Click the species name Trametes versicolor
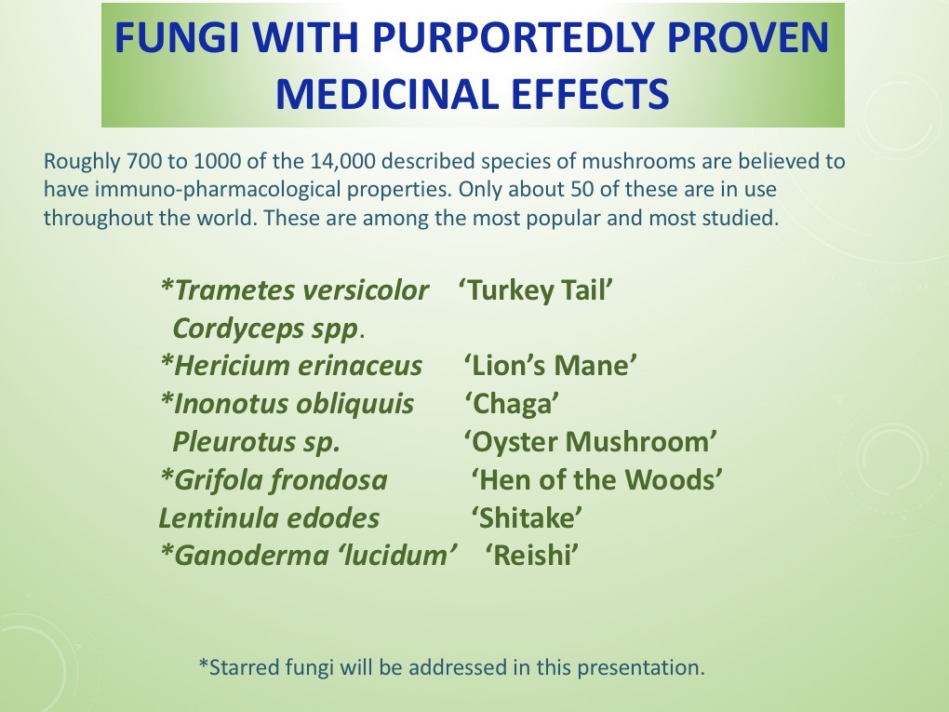point(295,290)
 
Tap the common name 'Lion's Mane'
point(550,366)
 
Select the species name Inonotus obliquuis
point(287,404)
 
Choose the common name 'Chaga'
point(513,404)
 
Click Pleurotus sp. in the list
point(257,442)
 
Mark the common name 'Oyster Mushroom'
point(591,442)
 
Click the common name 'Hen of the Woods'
point(597,480)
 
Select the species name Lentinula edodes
point(270,518)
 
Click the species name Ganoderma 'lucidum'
point(310,556)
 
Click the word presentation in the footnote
point(650,667)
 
